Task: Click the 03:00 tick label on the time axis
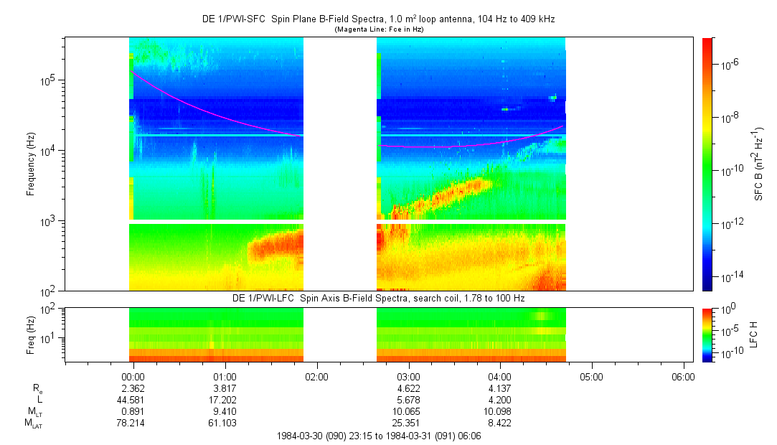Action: click(x=408, y=376)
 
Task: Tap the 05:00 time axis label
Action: click(x=591, y=376)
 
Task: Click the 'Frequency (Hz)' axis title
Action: click(x=32, y=164)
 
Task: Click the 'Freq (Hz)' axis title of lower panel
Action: click(x=32, y=334)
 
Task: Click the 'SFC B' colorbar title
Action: click(x=759, y=164)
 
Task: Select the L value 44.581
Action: click(x=130, y=399)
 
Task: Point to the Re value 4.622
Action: click(x=408, y=388)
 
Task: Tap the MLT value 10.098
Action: click(x=499, y=411)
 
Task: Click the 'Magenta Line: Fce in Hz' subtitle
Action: click(x=379, y=29)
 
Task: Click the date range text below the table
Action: click(x=379, y=436)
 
